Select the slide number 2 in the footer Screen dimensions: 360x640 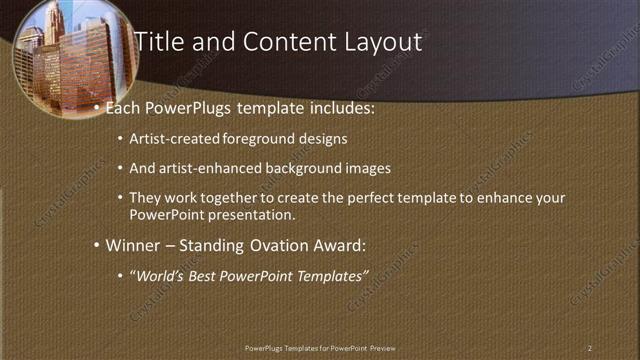tap(590, 347)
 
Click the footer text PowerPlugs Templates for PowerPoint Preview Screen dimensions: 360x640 tap(320, 347)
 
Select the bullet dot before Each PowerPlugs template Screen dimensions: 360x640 tap(96, 105)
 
